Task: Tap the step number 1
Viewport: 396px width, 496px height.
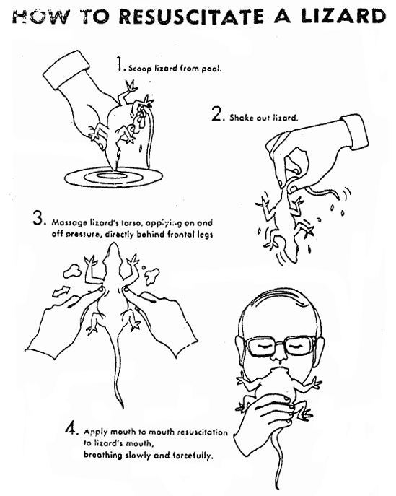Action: pos(120,66)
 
